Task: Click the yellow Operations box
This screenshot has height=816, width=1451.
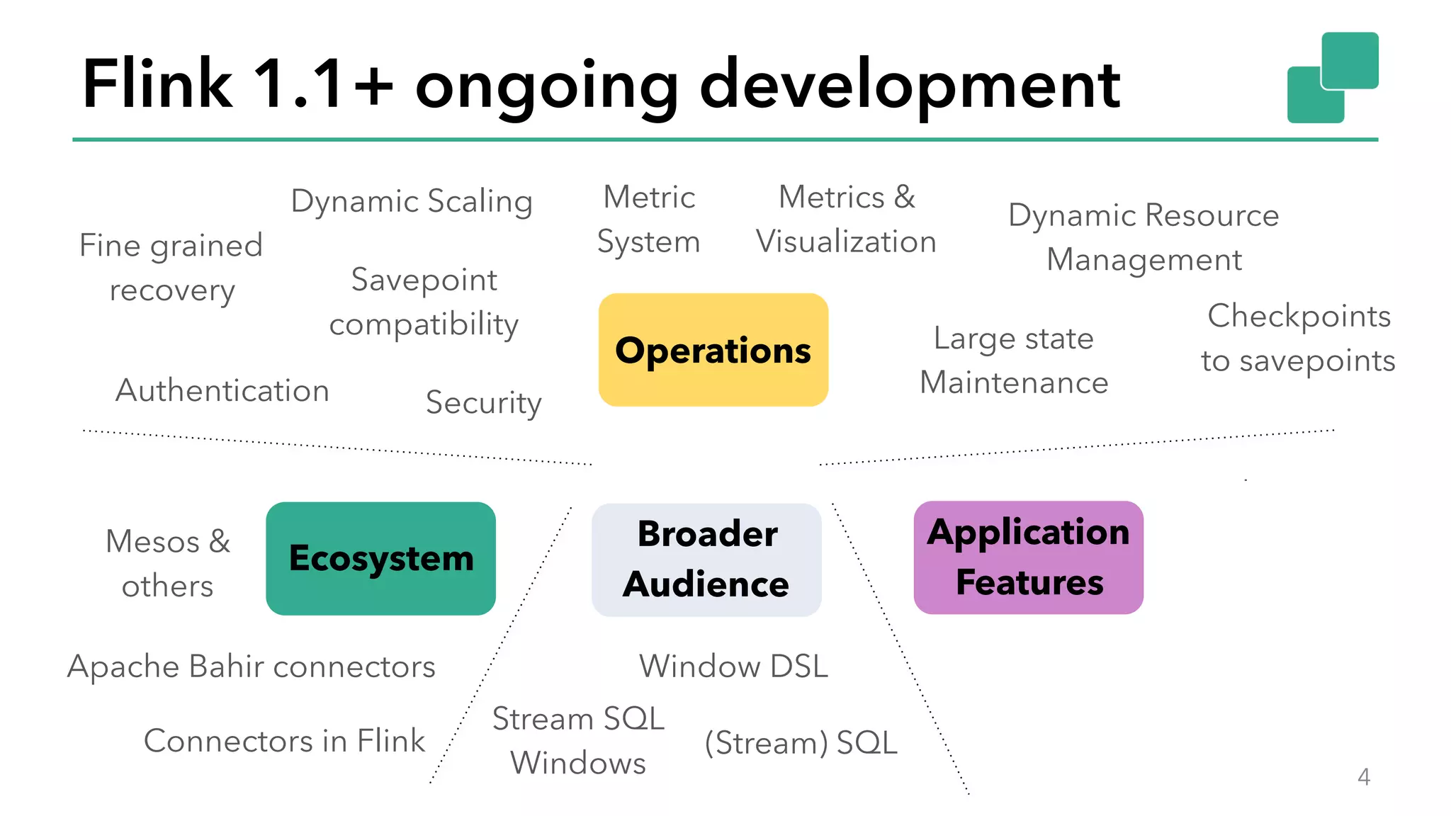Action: coord(713,350)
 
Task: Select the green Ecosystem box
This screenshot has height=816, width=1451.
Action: coord(380,558)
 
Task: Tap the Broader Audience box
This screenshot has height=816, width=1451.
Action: coord(706,560)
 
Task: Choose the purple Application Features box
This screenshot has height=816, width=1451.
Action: coord(1028,557)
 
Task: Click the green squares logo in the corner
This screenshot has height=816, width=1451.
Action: coord(1332,78)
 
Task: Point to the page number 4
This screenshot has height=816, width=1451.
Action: coord(1363,777)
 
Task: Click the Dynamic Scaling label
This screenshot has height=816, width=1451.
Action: coord(412,201)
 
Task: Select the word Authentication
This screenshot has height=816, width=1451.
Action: coord(222,390)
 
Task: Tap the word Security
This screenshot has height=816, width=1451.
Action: coord(483,402)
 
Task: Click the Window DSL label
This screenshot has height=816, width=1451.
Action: coord(733,667)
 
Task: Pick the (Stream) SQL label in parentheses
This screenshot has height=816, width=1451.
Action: coord(801,743)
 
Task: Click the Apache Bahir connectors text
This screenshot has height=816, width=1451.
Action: coord(252,667)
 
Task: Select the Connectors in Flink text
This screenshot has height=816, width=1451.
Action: coord(284,741)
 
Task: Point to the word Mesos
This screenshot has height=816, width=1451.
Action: coord(152,542)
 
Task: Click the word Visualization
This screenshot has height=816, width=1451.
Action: coord(846,242)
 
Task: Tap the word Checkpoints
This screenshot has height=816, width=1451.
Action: coord(1299,316)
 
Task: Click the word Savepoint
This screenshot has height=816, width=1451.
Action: coord(424,280)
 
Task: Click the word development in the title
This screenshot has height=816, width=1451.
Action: coord(910,85)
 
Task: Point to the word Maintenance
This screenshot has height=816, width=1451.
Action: coord(1014,382)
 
